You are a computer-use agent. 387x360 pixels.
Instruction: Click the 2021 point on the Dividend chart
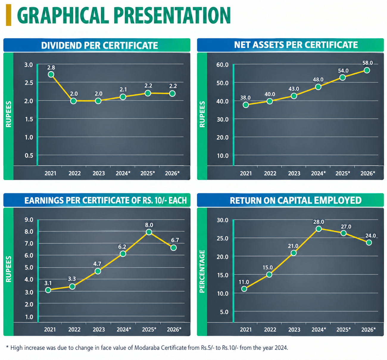coord(51,74)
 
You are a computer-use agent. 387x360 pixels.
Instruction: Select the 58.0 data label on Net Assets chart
coord(368,63)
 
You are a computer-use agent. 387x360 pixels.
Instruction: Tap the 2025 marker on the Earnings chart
coord(149,232)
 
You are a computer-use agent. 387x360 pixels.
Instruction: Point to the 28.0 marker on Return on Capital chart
coord(319,229)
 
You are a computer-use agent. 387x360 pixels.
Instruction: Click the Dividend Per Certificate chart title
coord(99,46)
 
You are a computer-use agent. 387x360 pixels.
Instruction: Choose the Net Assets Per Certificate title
coord(296,45)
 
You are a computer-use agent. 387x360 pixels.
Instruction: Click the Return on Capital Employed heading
coord(296,201)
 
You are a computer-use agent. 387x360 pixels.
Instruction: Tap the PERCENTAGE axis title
coord(202,271)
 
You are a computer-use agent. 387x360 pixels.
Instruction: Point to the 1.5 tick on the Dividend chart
coord(29,119)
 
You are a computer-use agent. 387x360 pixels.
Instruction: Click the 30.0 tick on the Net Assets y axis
coord(223,119)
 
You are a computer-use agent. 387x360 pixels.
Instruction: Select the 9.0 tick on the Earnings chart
coord(29,220)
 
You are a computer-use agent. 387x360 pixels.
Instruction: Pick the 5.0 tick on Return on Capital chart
coord(224,312)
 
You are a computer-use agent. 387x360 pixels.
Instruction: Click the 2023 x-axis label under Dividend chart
coord(99,173)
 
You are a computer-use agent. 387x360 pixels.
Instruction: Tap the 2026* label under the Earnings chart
coord(174,329)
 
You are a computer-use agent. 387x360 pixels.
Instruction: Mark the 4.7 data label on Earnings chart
coord(97,264)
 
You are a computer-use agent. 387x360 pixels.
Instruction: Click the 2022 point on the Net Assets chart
coord(270,101)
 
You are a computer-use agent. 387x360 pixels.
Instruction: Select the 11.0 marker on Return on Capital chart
coord(244,289)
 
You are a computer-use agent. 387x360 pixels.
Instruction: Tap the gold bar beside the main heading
coord(9,15)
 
